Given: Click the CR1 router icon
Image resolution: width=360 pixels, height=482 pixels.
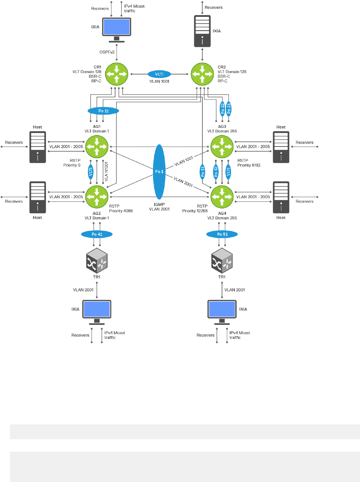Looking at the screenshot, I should (117, 74).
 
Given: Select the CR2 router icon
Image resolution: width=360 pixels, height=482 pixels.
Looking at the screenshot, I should (202, 74).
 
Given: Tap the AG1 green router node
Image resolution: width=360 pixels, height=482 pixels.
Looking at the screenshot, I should (97, 147).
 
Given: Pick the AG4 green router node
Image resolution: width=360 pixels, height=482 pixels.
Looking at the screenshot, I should (222, 197).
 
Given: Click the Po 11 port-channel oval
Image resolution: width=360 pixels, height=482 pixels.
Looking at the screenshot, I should (103, 111).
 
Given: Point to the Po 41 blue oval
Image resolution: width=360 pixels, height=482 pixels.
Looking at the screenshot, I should (97, 234).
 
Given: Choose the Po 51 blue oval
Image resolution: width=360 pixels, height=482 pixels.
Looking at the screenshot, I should (222, 234).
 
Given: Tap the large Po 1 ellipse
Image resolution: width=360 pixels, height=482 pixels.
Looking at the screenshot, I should (159, 172).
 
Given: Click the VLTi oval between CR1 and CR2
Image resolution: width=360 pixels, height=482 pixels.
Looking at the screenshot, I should (159, 74).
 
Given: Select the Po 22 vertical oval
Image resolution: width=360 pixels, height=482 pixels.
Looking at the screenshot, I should (222, 108).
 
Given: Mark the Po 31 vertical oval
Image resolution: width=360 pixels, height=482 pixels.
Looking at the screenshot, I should (203, 172).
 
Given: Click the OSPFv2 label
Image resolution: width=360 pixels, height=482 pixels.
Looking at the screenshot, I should (107, 52).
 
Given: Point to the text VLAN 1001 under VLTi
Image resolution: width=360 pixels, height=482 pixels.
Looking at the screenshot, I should (159, 82).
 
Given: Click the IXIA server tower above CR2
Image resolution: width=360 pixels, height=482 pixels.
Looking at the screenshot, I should (202, 31).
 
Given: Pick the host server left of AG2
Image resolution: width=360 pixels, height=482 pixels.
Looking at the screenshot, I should (38, 197).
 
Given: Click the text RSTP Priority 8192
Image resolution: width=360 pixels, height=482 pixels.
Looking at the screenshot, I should (249, 163).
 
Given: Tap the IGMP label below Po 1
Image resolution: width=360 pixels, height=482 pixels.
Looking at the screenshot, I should (159, 204).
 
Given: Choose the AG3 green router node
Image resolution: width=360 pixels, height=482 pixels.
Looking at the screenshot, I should (222, 147).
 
